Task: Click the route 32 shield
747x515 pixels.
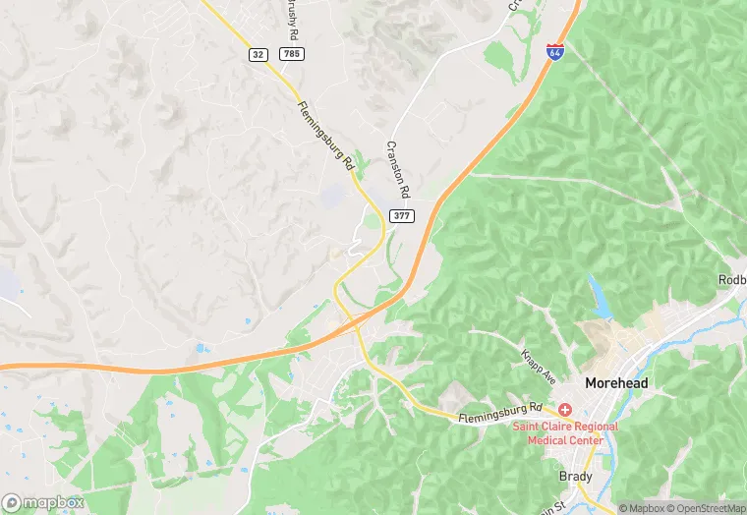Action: tap(259, 55)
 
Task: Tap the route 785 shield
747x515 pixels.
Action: tap(290, 55)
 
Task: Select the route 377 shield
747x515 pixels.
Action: tap(401, 215)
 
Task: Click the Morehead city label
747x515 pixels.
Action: tap(616, 382)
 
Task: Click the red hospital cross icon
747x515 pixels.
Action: tap(565, 408)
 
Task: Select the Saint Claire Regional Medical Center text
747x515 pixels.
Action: tap(564, 432)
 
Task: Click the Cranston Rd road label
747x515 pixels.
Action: tap(398, 168)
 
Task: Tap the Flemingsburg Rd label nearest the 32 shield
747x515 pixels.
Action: tap(325, 138)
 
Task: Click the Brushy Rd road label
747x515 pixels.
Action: tap(290, 17)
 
